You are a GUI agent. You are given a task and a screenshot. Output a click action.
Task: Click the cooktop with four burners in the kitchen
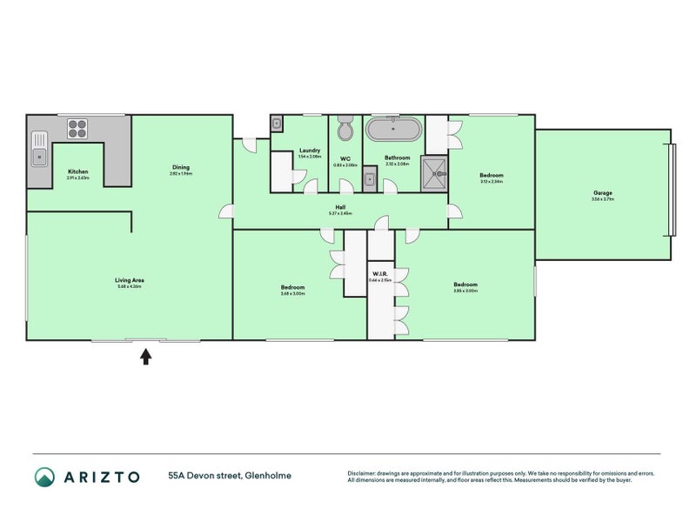pos(77,129)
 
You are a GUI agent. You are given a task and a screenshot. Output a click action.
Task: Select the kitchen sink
pos(39,149)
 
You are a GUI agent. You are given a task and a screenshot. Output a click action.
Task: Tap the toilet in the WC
pos(345,129)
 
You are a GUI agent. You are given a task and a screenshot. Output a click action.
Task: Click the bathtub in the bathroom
pos(393,130)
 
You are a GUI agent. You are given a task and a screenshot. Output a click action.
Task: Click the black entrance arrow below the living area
pos(146,356)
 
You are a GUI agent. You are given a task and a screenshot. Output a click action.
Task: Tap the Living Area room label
pos(129,280)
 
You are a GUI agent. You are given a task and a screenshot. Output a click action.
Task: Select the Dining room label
pos(180,167)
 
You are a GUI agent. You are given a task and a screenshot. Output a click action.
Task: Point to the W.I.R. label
pos(378,274)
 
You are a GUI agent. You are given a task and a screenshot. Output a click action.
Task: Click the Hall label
pos(340,207)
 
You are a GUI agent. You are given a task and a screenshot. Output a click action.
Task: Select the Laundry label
pos(310,151)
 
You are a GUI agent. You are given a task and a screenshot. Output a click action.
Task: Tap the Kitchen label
pos(78,171)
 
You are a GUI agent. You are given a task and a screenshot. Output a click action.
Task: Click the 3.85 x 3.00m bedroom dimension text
pos(465,291)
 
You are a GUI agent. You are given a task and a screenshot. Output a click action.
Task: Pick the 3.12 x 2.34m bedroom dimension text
pos(492,182)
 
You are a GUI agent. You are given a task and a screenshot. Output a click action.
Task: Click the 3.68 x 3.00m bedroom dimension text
pos(292,293)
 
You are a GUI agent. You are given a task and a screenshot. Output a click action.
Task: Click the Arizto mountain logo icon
pos(44,476)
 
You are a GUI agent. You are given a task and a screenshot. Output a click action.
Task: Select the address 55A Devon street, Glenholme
pos(230,476)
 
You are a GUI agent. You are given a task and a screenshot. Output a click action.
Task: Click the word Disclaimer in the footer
pos(364,472)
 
